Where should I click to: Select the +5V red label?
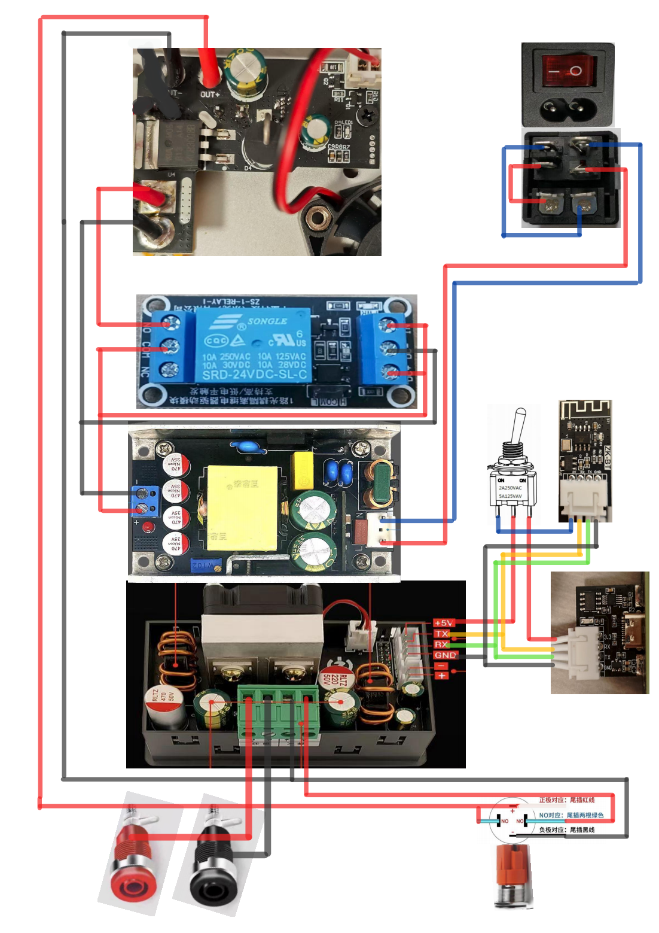click(444, 623)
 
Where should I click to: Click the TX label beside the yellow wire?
click(441, 634)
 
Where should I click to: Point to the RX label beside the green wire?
click(441, 645)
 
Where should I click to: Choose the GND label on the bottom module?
click(445, 655)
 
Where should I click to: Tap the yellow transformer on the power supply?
click(242, 507)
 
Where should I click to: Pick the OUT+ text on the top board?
click(210, 95)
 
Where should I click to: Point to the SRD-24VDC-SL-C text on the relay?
click(254, 375)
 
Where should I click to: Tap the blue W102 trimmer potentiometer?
click(206, 564)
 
